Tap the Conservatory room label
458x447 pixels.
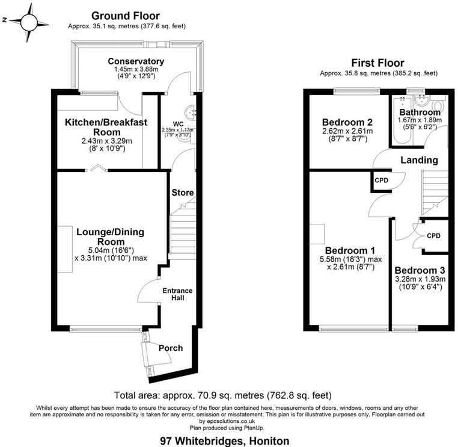pos(136,61)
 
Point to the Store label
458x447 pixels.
pos(183,193)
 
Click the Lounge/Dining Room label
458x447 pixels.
pos(110,236)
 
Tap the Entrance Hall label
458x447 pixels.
pos(177,295)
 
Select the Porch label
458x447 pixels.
pos(170,348)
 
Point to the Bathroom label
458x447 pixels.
pos(420,112)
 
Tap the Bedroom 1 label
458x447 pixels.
pos(350,250)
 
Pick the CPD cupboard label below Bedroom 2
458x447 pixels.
pos(381,179)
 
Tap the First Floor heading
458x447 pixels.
pos(377,63)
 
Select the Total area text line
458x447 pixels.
pos(222,395)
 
